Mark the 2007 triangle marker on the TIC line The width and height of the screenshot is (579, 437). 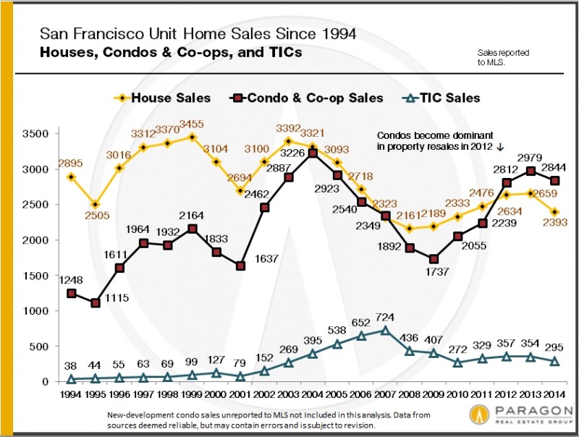coord(385,331)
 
